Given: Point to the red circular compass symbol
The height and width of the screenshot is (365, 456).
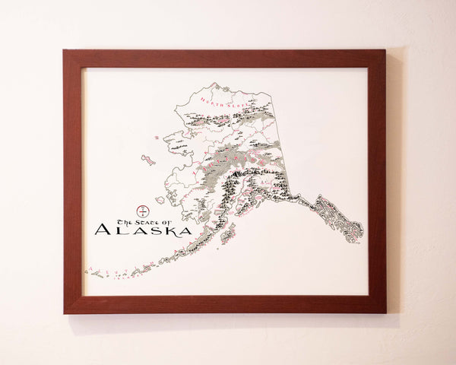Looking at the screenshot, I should tap(141, 209).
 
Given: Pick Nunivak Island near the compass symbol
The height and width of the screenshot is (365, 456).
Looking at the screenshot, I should tap(160, 200).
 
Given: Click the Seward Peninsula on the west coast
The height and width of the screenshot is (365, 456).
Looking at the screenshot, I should tap(176, 141).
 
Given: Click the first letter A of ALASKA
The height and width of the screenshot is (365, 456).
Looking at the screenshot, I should tap(103, 230).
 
